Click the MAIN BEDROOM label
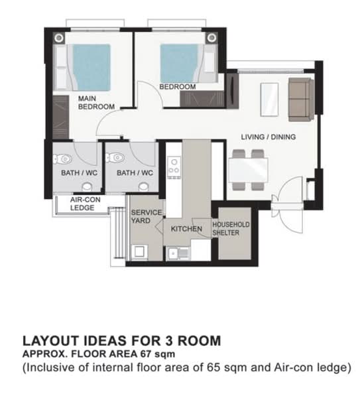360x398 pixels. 96,103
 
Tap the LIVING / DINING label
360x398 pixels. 268,137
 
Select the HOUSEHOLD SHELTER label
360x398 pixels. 231,229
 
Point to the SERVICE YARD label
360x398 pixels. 147,216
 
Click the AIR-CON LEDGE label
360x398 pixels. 86,204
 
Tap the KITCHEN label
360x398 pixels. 186,229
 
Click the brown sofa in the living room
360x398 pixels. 301,99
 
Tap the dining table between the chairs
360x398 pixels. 249,170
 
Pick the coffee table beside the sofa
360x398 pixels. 269,99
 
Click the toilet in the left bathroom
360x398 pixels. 61,159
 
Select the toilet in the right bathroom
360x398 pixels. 115,158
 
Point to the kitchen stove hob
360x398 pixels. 174,167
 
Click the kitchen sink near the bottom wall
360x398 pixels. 178,253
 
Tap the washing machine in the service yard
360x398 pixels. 139,252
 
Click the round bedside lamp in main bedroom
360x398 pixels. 59,38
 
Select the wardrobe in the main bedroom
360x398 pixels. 61,117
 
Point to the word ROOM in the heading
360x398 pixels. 199,341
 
